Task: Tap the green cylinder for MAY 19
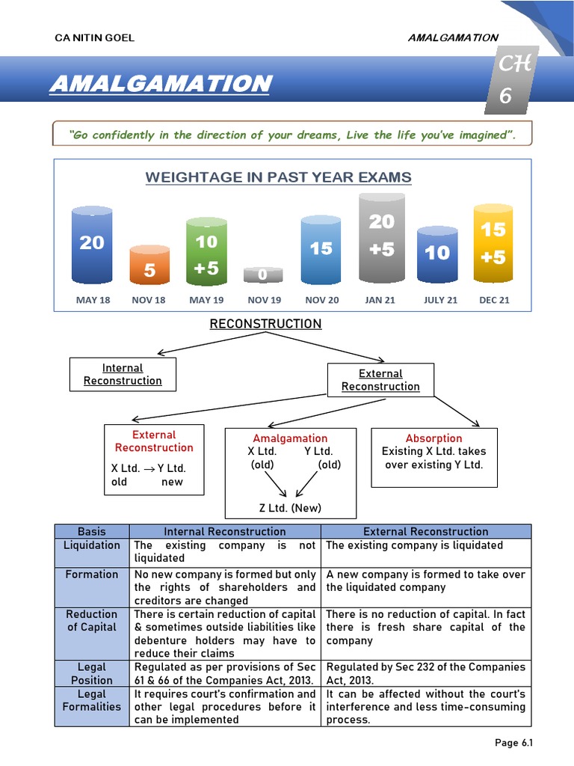point(206,253)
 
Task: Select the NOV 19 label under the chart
point(265,300)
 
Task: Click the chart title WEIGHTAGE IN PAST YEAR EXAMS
point(278,177)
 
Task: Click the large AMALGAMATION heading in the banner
point(160,84)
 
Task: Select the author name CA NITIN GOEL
point(95,38)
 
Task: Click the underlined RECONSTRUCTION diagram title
point(265,324)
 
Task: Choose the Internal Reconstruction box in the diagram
point(123,374)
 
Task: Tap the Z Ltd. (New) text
point(289,508)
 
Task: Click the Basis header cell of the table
point(92,531)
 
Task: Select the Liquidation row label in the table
point(92,545)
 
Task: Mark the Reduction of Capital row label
point(92,621)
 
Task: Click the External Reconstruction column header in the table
point(426,531)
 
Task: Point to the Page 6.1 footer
point(513,743)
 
